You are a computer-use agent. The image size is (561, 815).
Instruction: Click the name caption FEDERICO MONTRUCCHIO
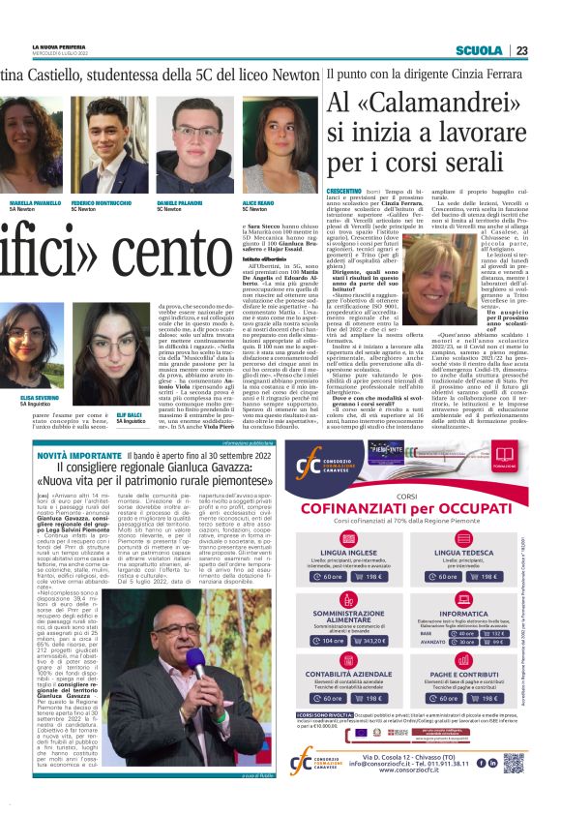tap(102, 205)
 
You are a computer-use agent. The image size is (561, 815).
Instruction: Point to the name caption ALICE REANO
tap(257, 205)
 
